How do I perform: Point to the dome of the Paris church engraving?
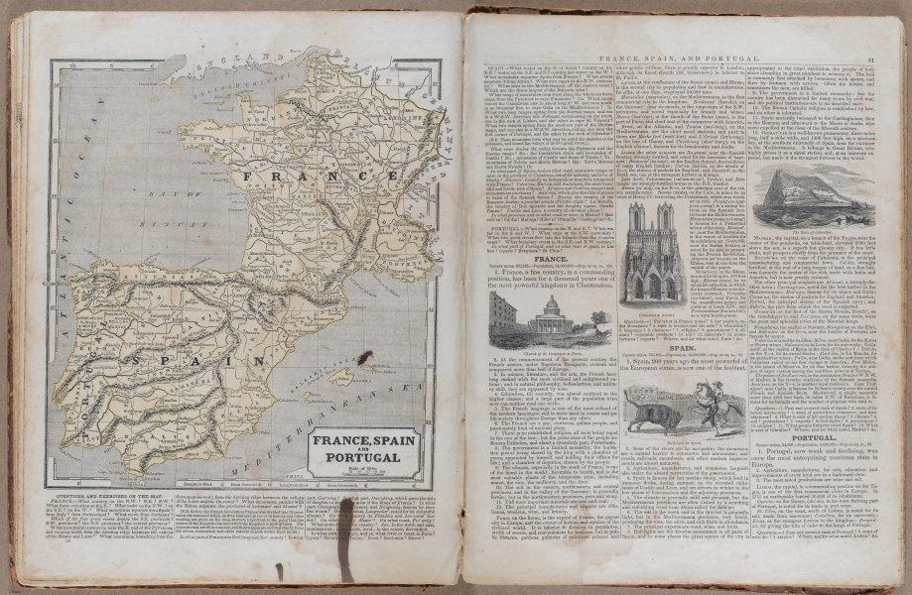(552, 303)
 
